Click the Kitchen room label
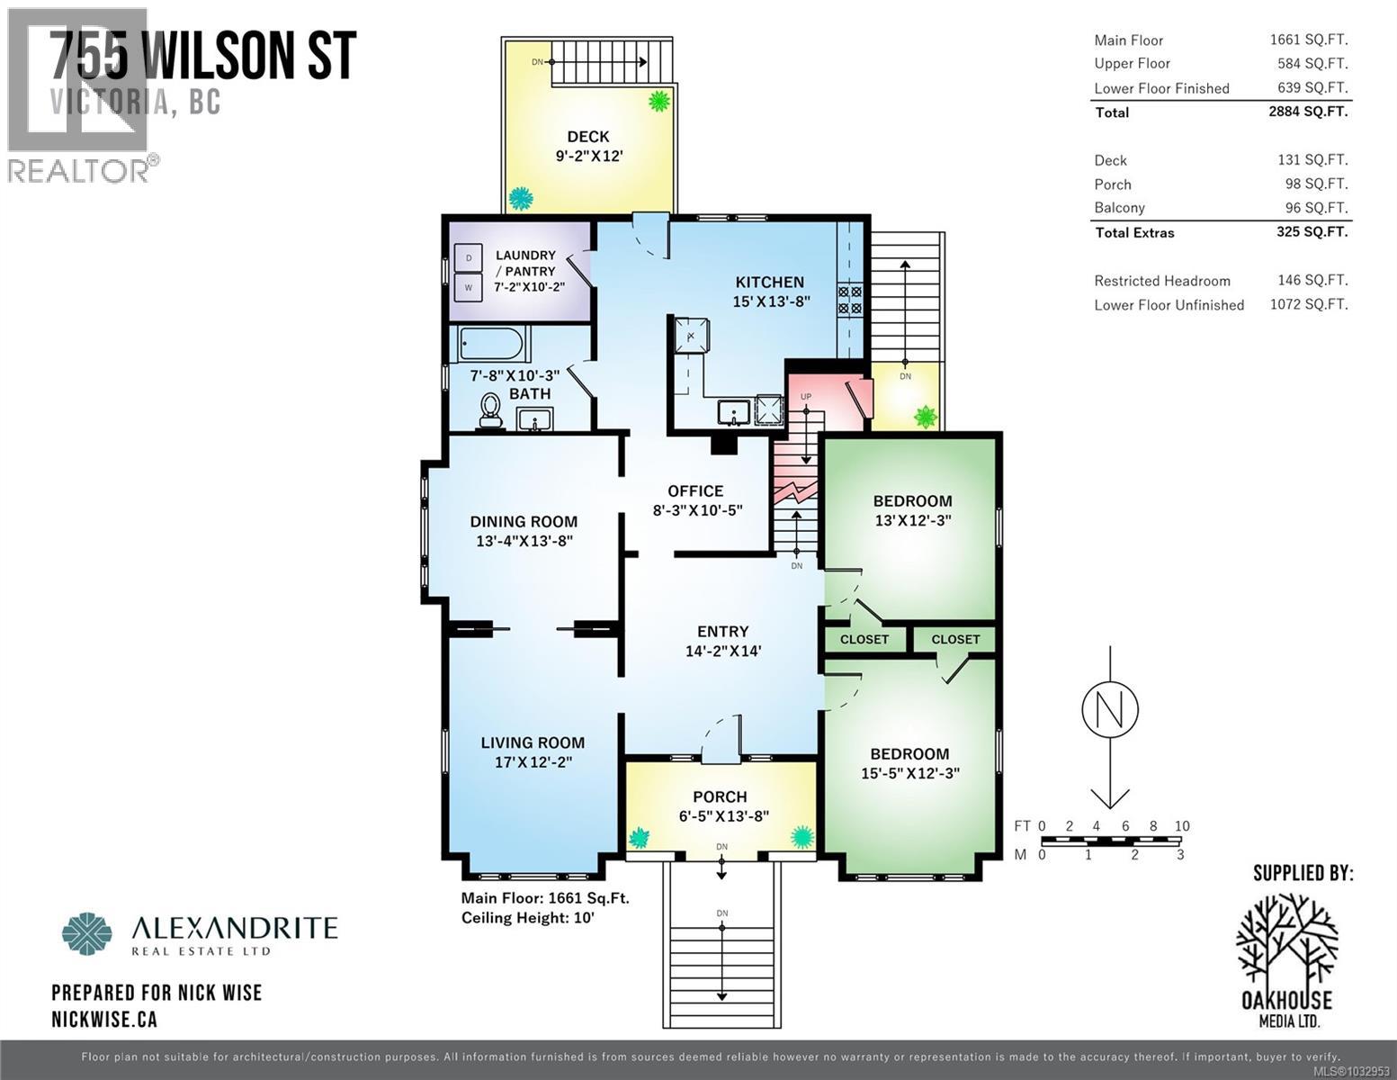click(x=769, y=282)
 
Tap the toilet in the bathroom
click(x=490, y=412)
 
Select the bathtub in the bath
click(x=491, y=345)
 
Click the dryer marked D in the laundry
click(x=467, y=258)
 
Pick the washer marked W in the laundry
click(x=467, y=288)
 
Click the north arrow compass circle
click(x=1110, y=708)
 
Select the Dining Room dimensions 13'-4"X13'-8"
click(x=524, y=541)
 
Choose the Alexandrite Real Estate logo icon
click(x=87, y=933)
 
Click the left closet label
click(x=864, y=639)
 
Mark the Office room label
click(x=695, y=490)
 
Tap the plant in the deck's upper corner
click(x=659, y=100)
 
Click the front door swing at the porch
click(x=720, y=734)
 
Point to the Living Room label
click(x=533, y=742)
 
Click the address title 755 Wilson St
click(x=203, y=57)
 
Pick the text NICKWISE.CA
click(x=104, y=1019)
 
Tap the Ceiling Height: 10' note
click(x=528, y=918)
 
